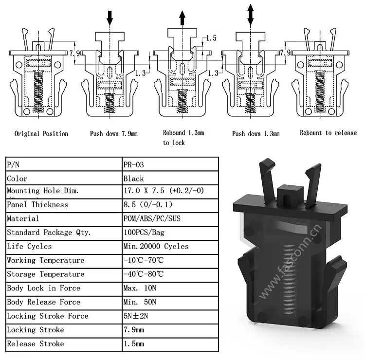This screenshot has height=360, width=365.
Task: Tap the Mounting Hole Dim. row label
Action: tap(43, 191)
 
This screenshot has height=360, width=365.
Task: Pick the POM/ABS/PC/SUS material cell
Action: tap(152, 218)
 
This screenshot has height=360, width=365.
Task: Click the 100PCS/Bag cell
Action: tap(145, 233)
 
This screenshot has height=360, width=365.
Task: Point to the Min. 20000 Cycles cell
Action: tap(156, 246)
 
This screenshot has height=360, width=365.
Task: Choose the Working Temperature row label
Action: tap(46, 260)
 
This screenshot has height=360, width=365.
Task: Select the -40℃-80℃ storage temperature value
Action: tap(144, 274)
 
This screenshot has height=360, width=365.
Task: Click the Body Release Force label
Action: tap(44, 302)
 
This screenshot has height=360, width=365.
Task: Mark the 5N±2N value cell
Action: tap(137, 316)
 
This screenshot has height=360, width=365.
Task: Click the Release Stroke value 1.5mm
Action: tap(134, 344)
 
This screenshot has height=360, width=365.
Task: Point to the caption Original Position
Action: tap(41, 133)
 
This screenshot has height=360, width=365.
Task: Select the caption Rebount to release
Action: tap(328, 133)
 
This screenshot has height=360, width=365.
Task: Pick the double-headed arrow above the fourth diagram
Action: tap(250, 14)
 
